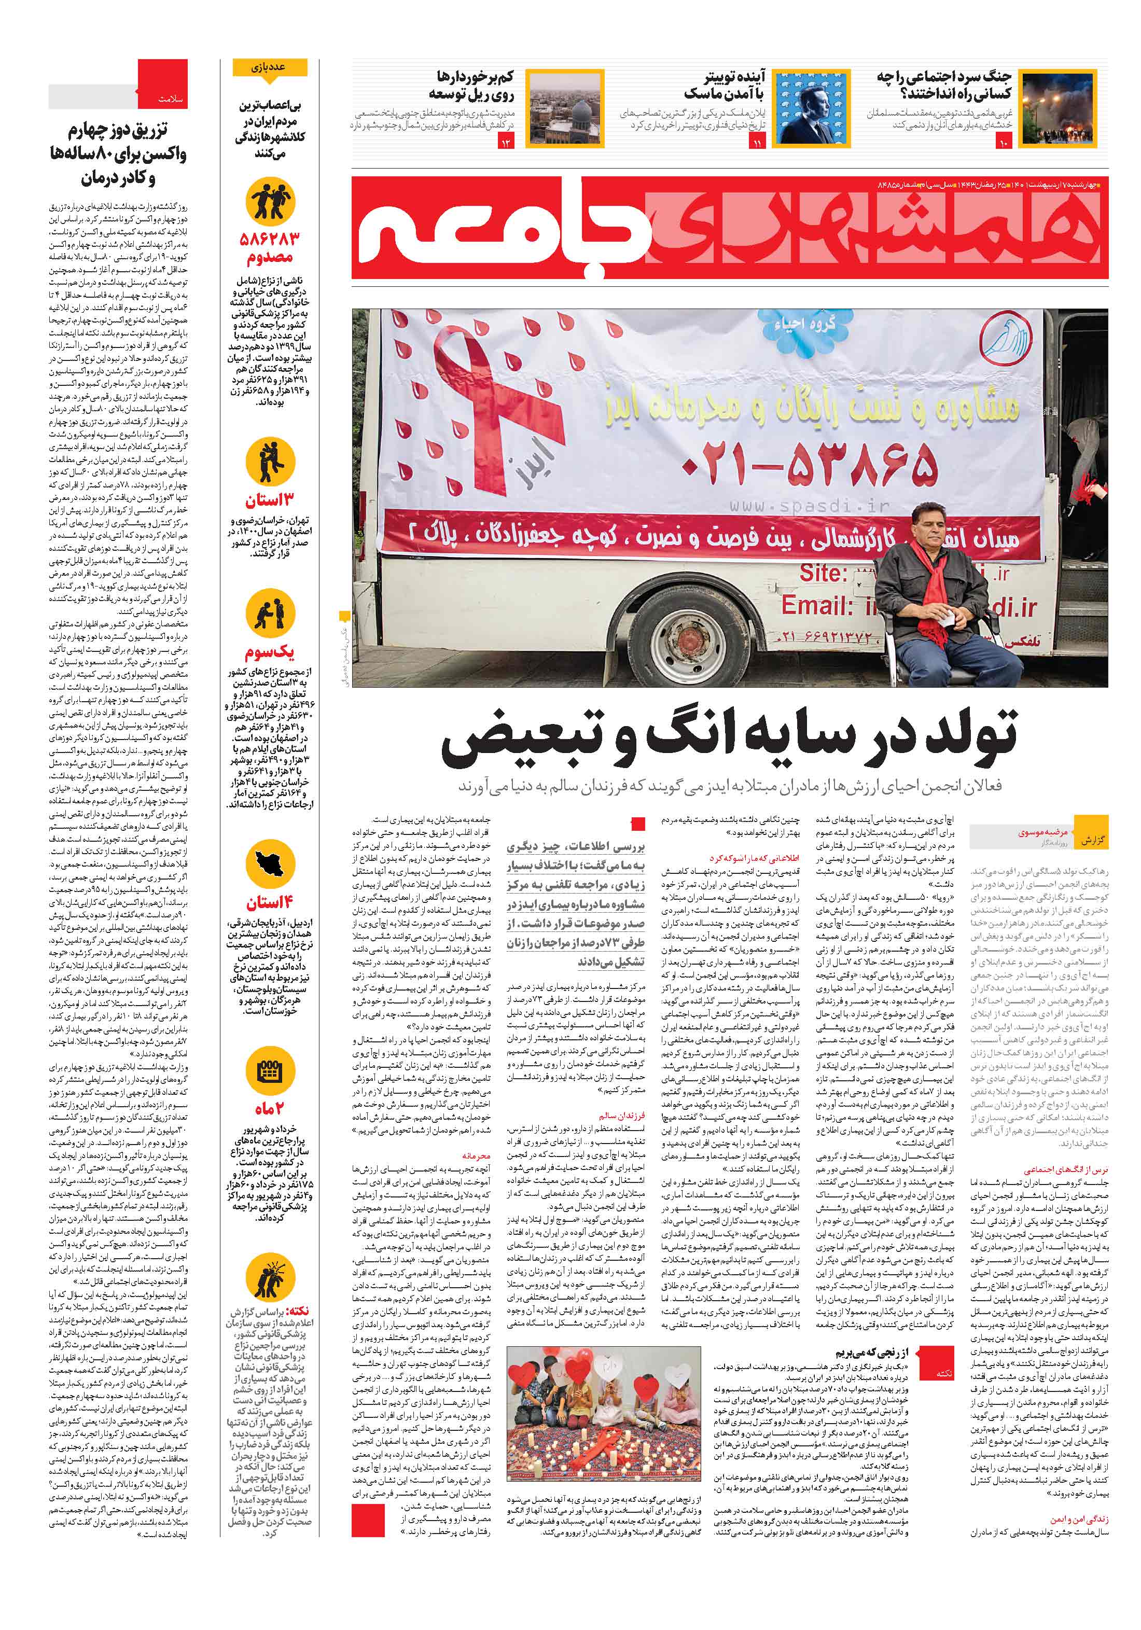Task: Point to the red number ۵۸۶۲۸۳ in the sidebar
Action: click(269, 239)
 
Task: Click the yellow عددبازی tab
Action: click(269, 67)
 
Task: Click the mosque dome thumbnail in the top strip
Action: click(564, 108)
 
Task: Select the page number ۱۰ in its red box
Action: click(1003, 144)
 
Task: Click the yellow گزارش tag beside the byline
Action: click(1090, 840)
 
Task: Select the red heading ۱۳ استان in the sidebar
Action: click(269, 500)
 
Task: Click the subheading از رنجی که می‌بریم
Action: click(881, 1353)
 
